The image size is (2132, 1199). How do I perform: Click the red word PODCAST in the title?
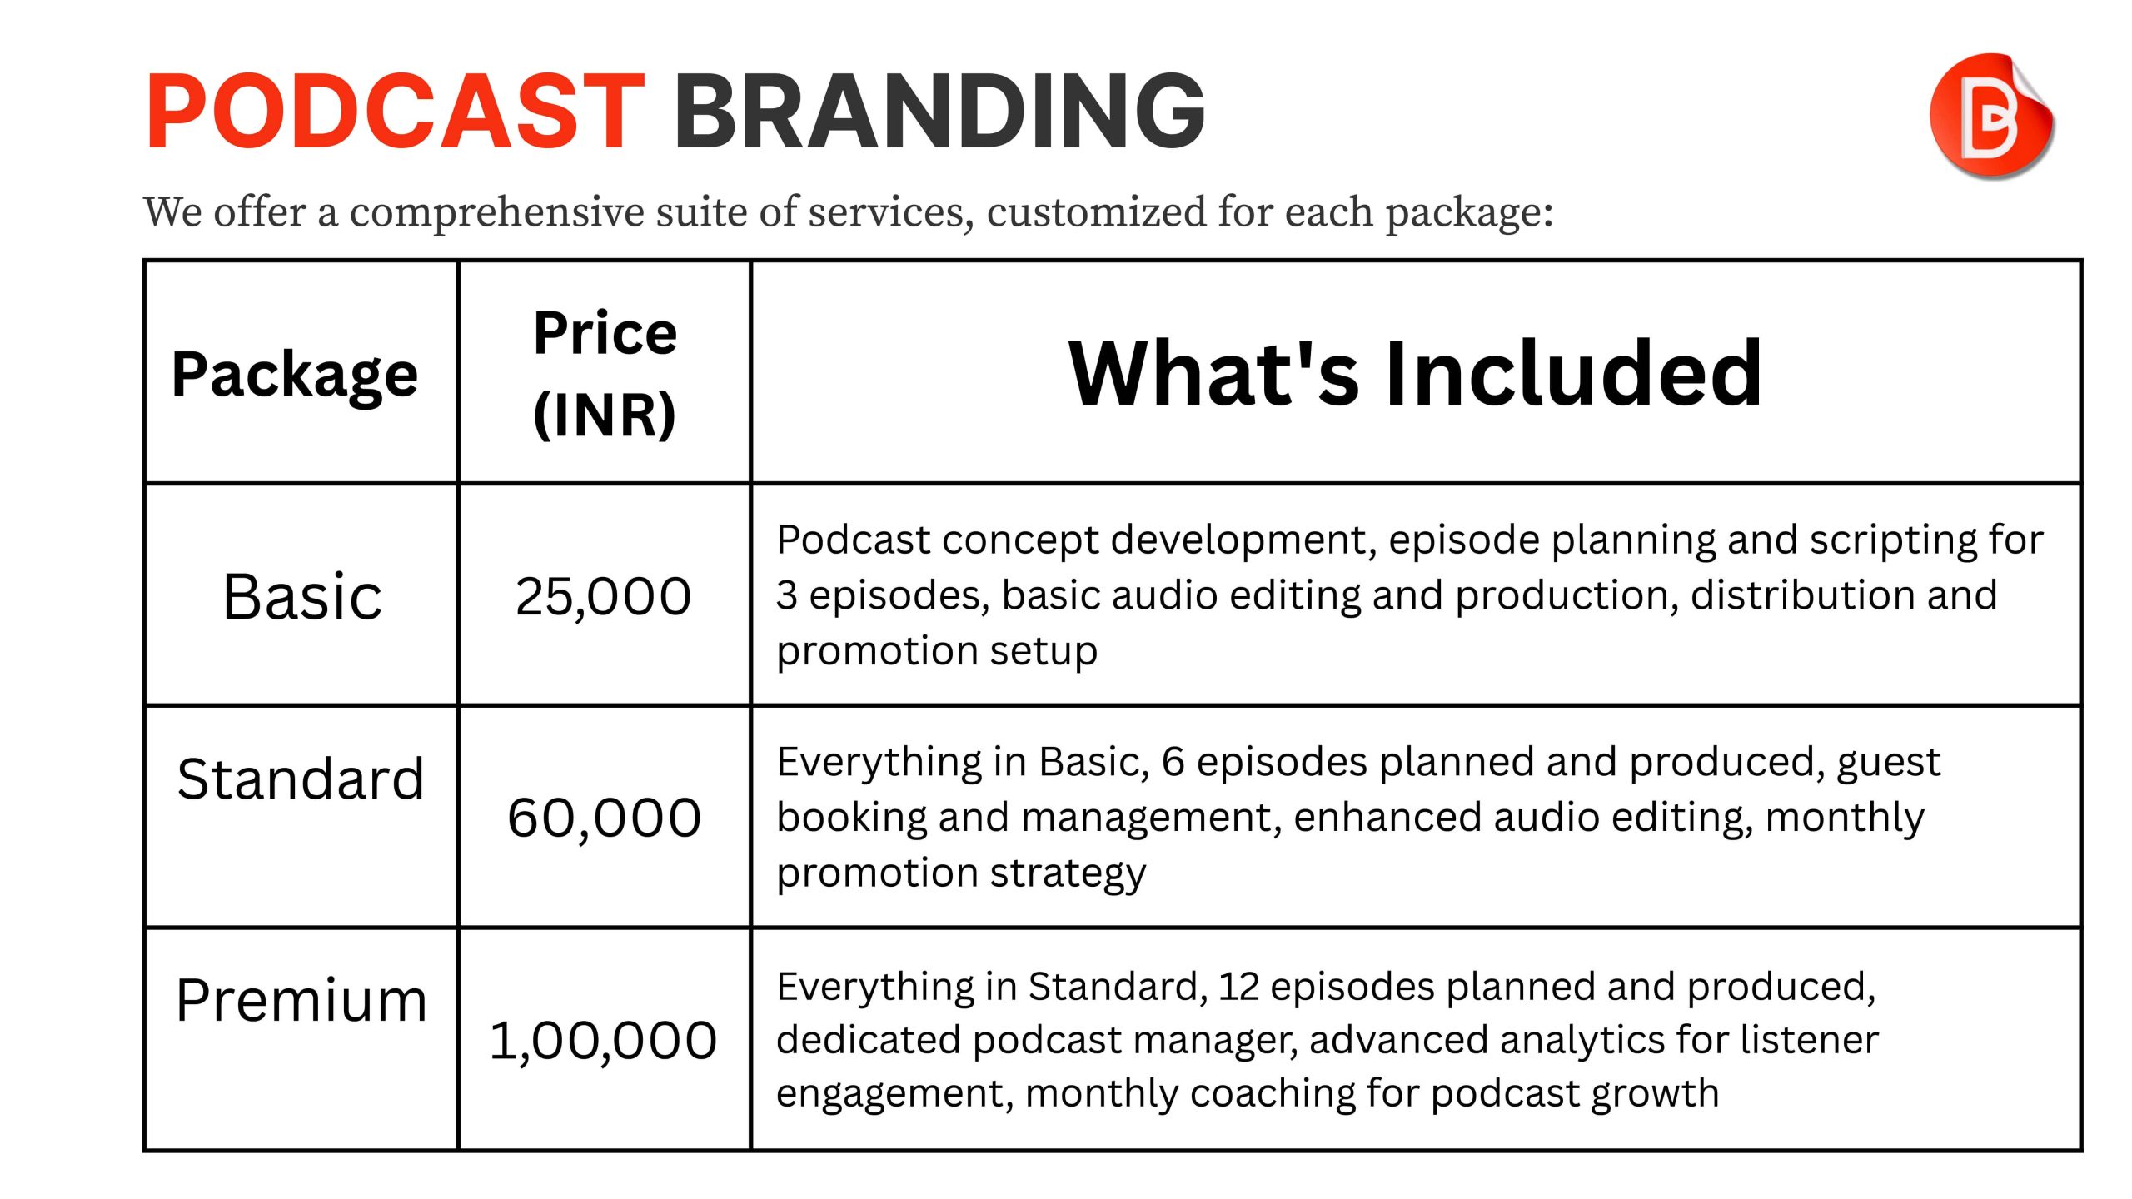point(396,112)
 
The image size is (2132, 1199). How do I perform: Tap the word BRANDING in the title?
point(939,112)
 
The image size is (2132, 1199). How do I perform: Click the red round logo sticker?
point(1991,116)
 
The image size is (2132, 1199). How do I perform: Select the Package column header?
point(295,375)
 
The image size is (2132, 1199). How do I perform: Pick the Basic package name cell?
point(302,596)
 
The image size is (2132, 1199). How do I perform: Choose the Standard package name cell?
point(301,779)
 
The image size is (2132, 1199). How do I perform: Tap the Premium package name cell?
point(301,1000)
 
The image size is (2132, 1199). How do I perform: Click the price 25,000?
point(603,596)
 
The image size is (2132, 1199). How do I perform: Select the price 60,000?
point(604,818)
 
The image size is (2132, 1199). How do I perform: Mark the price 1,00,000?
point(603,1041)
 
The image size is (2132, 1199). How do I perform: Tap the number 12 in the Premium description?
point(1238,987)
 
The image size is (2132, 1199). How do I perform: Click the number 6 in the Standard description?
point(1173,762)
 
